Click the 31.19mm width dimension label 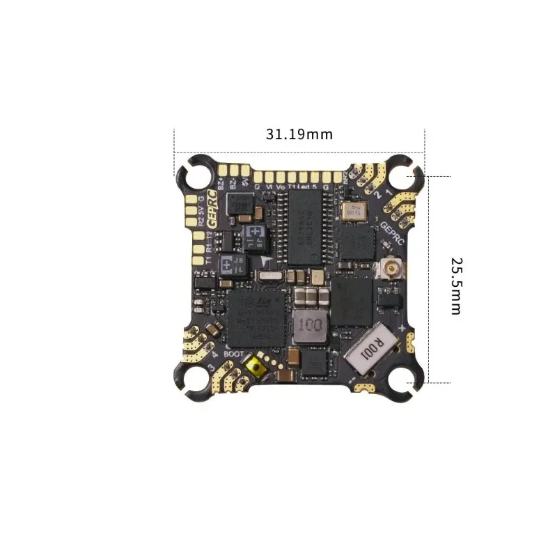click(x=299, y=134)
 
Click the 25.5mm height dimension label click(x=456, y=285)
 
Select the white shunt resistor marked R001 click(x=369, y=347)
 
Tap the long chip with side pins click(x=304, y=228)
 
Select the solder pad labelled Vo click(x=281, y=177)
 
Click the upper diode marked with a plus click(x=255, y=233)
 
